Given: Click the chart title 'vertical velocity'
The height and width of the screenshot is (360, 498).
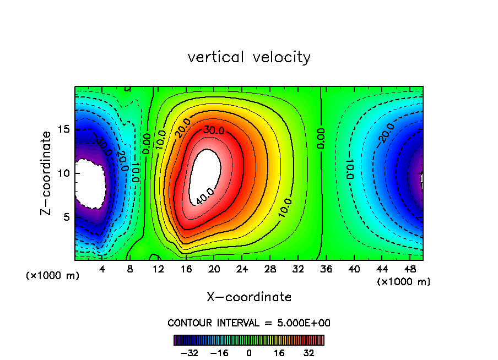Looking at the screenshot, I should point(249,57).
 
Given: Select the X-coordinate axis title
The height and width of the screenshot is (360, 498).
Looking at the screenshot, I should point(249,297).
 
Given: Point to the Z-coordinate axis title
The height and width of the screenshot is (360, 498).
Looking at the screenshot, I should point(48,173).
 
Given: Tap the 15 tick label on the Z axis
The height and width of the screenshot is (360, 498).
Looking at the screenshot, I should point(63,129).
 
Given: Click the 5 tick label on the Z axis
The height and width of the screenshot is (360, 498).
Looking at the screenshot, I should point(65,217).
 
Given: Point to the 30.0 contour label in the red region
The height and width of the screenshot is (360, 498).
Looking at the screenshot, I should point(213,130).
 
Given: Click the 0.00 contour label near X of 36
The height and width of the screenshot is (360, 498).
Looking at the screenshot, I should point(321,139).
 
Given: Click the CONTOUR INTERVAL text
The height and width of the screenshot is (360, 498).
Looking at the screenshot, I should point(249,323).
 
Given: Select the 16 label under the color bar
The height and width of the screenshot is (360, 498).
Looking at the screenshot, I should point(279,353).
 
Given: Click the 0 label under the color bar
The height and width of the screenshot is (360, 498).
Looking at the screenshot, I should point(249,353).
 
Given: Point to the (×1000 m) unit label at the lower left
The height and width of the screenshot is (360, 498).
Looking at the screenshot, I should point(53,276).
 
